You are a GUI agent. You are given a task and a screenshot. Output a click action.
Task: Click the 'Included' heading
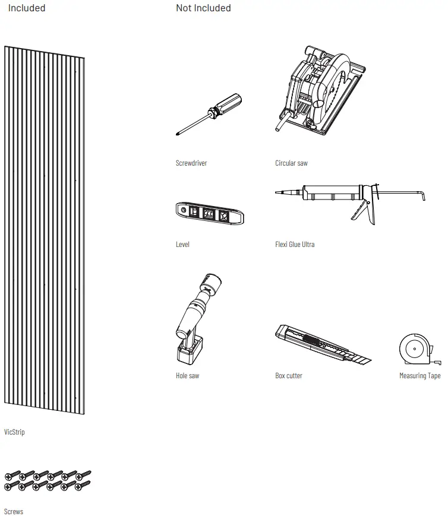(27, 8)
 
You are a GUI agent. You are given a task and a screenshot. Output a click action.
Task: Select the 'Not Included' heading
(203, 8)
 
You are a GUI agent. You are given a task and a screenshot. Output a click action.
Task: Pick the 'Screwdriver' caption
(191, 163)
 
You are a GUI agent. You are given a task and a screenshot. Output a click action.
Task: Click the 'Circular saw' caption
(291, 163)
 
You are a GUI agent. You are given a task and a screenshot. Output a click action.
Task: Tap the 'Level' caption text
(182, 245)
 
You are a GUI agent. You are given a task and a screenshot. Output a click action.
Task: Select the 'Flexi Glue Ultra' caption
(295, 245)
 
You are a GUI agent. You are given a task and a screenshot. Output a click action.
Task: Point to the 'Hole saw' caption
(187, 376)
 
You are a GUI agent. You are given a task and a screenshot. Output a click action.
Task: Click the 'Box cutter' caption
(289, 376)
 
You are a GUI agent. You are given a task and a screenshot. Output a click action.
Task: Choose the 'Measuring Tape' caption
(420, 376)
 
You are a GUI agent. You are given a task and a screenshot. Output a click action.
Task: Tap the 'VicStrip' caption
(14, 432)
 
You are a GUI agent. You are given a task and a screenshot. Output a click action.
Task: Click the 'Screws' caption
(14, 511)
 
